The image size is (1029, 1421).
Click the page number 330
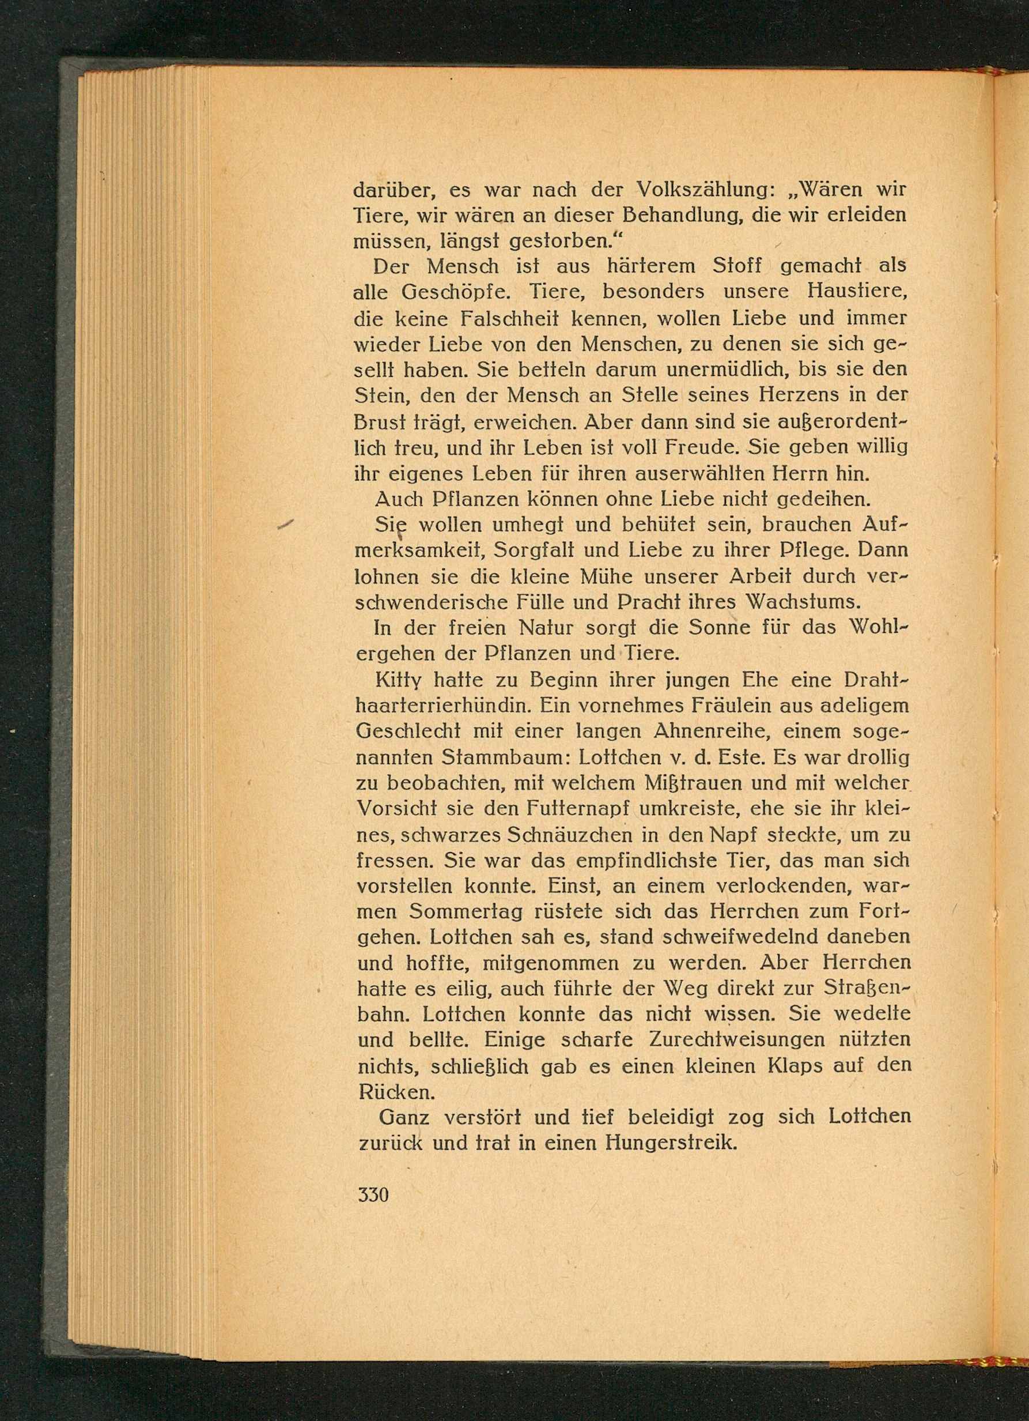click(373, 1195)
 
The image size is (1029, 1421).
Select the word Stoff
click(736, 266)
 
